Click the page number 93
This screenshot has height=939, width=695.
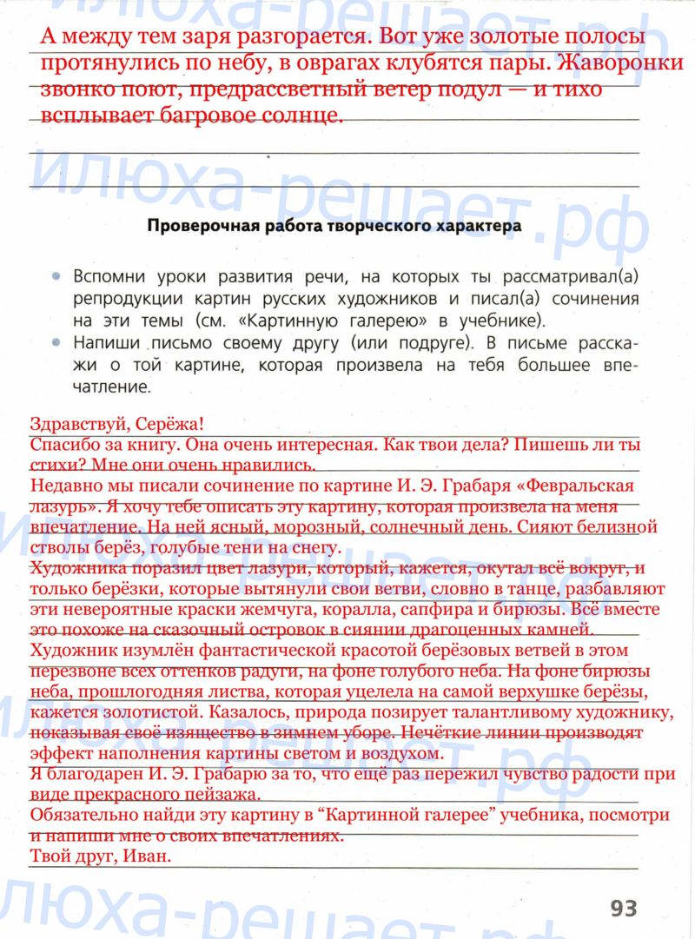point(623,909)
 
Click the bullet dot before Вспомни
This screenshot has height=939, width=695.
point(56,277)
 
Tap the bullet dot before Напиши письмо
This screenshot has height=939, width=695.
point(56,342)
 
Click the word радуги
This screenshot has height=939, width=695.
point(347,671)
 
